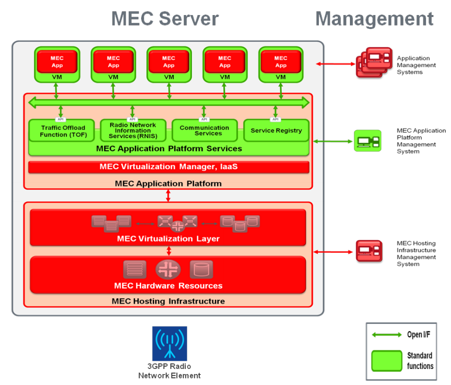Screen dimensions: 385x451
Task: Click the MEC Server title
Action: point(165,19)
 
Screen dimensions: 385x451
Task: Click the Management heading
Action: point(374,19)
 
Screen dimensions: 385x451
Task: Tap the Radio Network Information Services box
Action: point(132,131)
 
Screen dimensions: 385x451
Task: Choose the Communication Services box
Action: point(204,131)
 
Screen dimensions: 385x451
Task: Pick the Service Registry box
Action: point(276,131)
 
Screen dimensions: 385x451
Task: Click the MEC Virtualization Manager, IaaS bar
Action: point(168,167)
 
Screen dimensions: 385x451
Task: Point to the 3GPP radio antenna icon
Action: point(170,343)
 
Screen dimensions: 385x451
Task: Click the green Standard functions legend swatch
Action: point(387,360)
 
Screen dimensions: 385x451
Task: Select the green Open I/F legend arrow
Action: point(386,334)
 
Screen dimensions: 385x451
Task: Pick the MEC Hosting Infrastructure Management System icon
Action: point(369,251)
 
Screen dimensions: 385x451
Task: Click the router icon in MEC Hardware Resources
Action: point(168,270)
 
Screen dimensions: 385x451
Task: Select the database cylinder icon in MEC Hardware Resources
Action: point(201,270)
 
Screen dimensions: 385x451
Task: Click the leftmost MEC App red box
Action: point(58,62)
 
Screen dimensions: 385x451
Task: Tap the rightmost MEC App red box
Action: point(281,62)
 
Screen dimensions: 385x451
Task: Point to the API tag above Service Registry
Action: point(276,119)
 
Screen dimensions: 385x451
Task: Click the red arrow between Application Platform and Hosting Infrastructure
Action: point(168,196)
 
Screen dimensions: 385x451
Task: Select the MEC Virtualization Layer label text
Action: point(168,239)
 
